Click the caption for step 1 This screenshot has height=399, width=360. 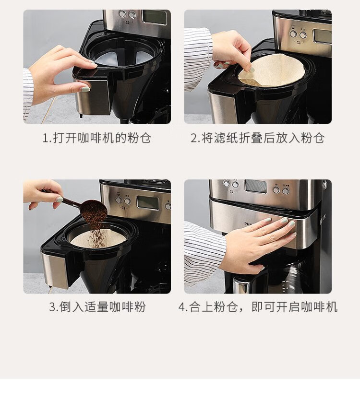97,139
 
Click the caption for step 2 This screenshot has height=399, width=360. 258,139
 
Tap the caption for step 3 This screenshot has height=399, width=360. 97,307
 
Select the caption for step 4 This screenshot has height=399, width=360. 258,307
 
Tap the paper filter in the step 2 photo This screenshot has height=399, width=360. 272,70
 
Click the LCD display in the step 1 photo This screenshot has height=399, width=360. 155,17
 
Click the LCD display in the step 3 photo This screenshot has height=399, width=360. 147,203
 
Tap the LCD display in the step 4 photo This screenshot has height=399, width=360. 255,186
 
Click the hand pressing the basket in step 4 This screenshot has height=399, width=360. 257,244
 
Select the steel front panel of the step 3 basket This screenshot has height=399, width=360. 56,270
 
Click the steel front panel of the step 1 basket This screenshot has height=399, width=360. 93,98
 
